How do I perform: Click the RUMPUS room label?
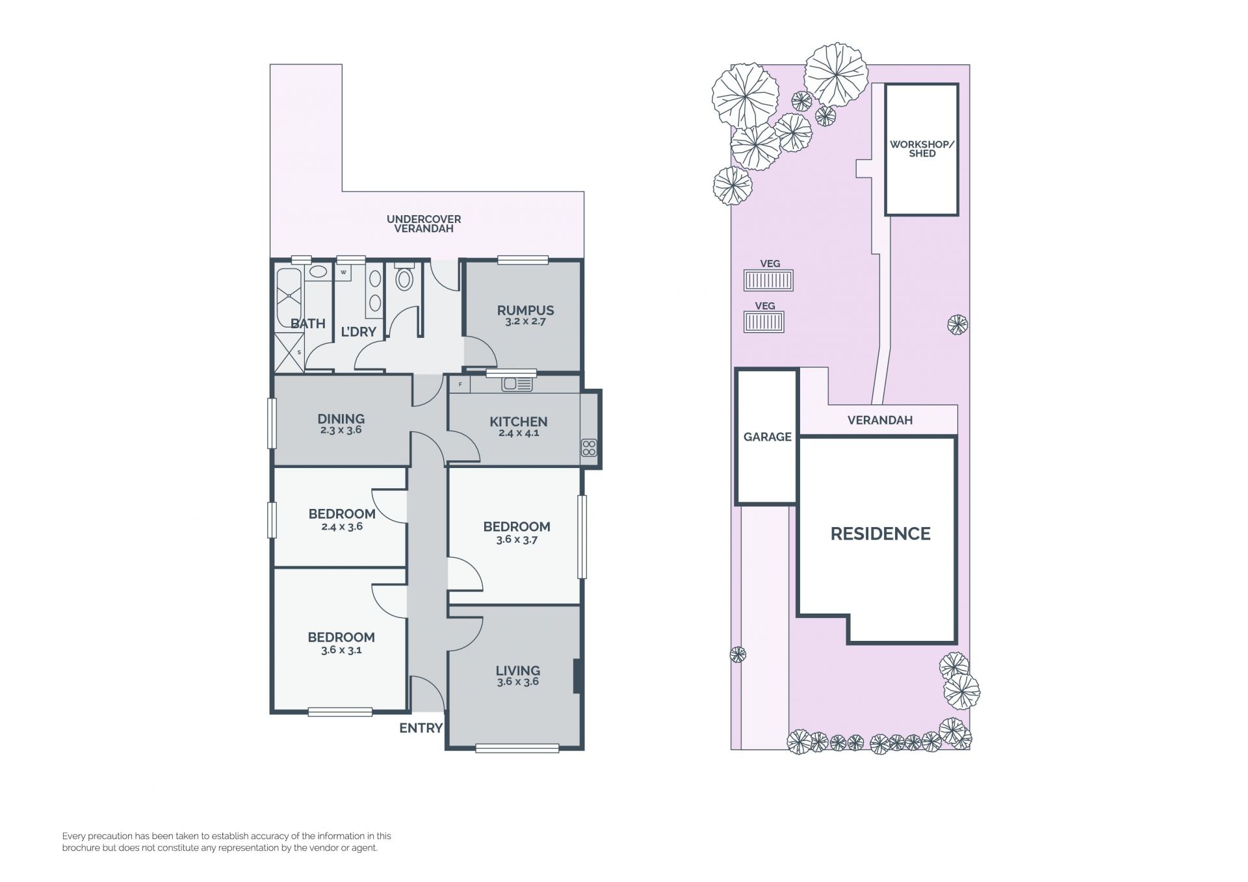(x=525, y=311)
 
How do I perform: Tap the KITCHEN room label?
(x=518, y=422)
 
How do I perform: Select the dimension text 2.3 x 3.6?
(x=341, y=430)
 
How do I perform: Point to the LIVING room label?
(x=517, y=671)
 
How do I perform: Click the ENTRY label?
(x=421, y=728)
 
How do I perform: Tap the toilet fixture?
(x=404, y=277)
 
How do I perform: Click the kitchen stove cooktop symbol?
(x=589, y=447)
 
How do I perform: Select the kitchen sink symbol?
(x=517, y=384)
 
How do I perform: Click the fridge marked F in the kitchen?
(x=460, y=384)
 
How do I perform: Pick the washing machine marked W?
(x=343, y=272)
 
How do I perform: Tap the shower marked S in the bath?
(x=289, y=352)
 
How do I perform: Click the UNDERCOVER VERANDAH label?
(x=424, y=224)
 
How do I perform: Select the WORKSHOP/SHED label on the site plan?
(x=922, y=149)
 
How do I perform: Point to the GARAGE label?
(x=767, y=437)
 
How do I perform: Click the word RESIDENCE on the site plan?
(x=880, y=534)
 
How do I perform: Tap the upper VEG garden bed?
(x=768, y=281)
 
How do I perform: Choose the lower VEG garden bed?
(x=764, y=322)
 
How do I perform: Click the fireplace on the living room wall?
(x=576, y=677)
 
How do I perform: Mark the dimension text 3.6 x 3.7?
(x=517, y=539)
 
